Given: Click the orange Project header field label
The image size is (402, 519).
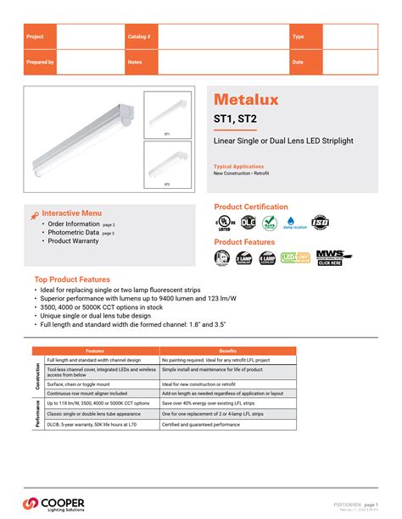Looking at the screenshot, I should point(35,37).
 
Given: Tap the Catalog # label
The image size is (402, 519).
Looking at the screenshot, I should point(139,37).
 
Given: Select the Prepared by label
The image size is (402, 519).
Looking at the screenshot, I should point(40,63).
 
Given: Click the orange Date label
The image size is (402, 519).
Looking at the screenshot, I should point(298,63).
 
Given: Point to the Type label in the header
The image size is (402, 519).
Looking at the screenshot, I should point(298,37).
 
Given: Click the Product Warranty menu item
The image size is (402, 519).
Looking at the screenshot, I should point(73,241).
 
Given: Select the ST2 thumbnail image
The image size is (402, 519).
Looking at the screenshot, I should point(167,163).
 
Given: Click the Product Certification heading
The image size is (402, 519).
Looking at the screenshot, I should point(251,207).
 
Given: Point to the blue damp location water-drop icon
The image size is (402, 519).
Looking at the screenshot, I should point(294,221).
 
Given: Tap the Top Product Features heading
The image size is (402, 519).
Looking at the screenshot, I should point(72,279).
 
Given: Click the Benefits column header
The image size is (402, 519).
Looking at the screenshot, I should point(228,351).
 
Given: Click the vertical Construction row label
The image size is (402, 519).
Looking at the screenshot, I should point(38,376).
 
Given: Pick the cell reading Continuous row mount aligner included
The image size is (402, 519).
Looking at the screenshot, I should point(87,394).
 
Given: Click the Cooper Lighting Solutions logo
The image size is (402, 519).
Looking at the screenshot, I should point(55,505).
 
